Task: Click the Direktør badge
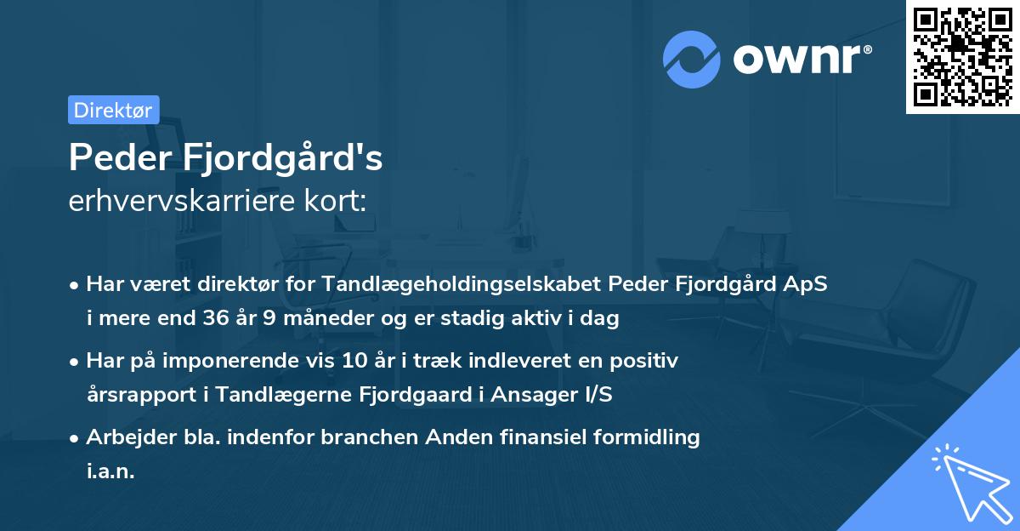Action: [113, 109]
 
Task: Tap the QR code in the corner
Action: [962, 56]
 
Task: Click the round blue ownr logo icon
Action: [692, 59]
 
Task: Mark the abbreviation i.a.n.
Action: [110, 471]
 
